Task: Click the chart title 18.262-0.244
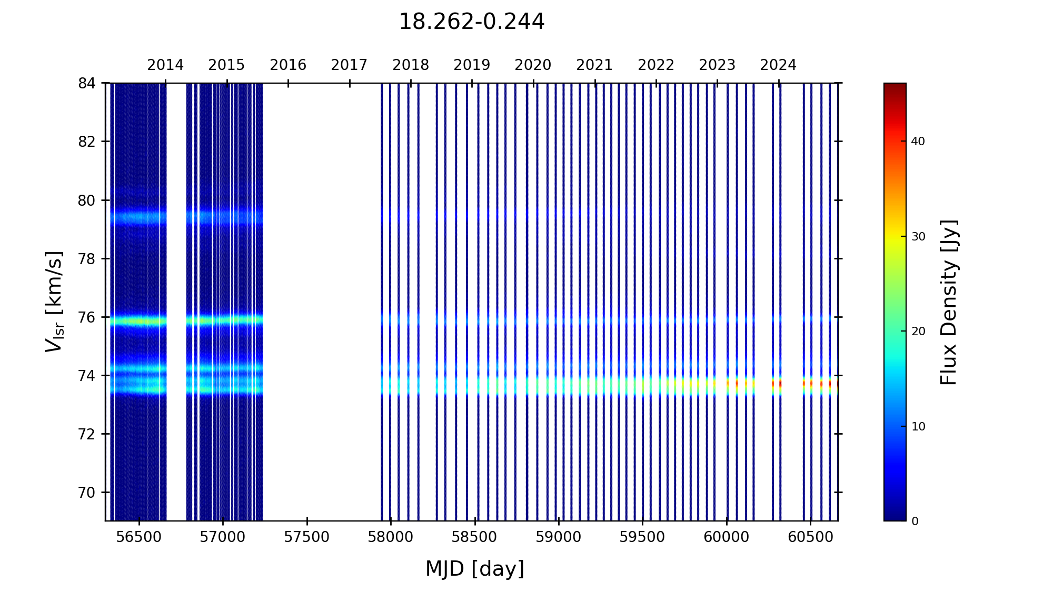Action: click(471, 22)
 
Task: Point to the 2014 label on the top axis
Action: click(165, 65)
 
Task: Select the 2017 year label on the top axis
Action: click(349, 65)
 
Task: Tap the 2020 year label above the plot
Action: click(533, 65)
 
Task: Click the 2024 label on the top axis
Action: click(778, 65)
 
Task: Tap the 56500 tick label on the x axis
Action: click(139, 537)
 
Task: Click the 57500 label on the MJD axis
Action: click(307, 537)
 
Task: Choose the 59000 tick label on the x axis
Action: click(559, 537)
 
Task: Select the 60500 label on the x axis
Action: click(810, 537)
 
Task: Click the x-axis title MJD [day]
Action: click(475, 569)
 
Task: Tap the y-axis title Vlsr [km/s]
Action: click(54, 302)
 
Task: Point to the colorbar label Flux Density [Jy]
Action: click(949, 302)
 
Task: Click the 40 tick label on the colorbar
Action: click(918, 142)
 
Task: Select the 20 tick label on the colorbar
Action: click(918, 332)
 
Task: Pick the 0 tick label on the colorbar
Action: click(915, 521)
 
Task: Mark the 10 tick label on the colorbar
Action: click(918, 427)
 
